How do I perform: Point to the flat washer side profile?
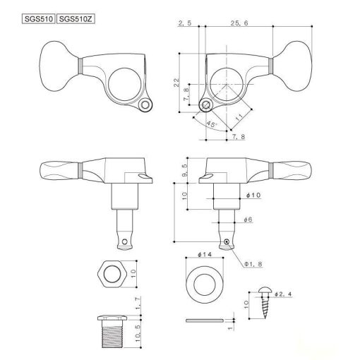(x=205, y=320)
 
